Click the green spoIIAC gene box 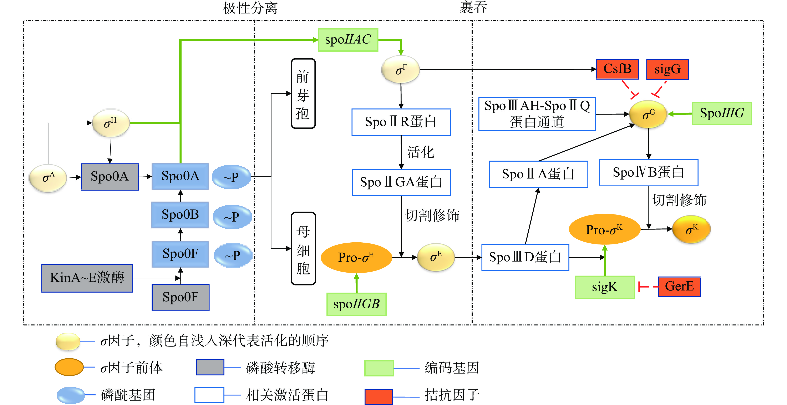click(348, 40)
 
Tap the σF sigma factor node click(401, 70)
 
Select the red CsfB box click(618, 69)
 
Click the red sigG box click(667, 69)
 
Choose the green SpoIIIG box click(722, 113)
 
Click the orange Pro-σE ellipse click(356, 257)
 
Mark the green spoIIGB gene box click(356, 304)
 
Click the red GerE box click(679, 287)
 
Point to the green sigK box click(605, 287)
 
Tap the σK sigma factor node click(692, 229)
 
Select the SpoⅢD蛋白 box click(525, 257)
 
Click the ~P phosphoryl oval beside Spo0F click(233, 255)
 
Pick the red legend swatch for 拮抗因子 click(379, 396)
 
